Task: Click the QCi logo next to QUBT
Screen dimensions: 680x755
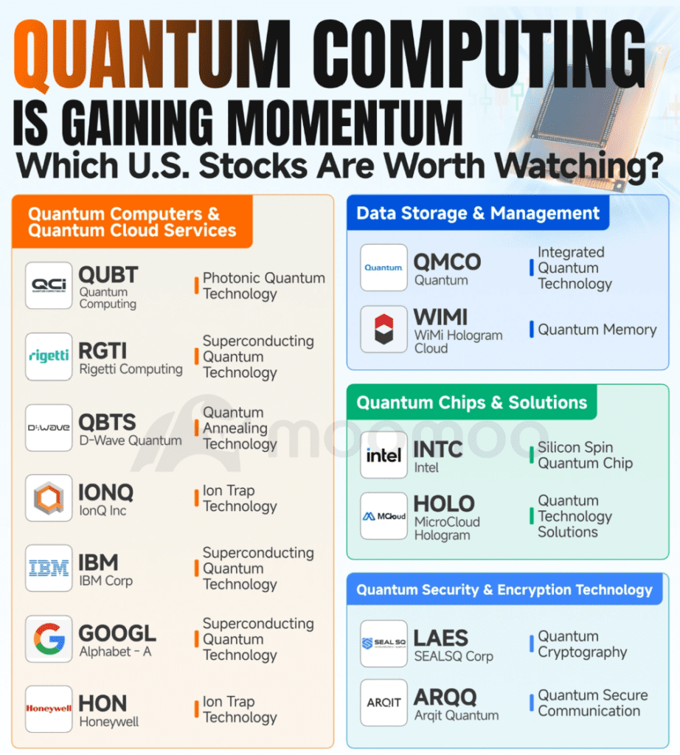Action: point(49,285)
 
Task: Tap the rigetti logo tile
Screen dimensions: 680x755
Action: point(49,356)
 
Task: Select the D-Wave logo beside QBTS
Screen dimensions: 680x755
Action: point(49,428)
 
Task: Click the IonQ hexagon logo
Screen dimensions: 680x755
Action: point(49,498)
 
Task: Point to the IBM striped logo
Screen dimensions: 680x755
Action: point(49,568)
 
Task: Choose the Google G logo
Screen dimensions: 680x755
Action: point(49,639)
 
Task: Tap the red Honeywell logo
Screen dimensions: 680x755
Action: point(49,709)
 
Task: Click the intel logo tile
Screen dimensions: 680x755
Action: point(384,455)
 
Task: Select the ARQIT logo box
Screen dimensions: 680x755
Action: point(384,703)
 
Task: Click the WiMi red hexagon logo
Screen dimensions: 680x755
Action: point(384,330)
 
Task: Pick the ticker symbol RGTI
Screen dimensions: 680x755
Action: point(103,351)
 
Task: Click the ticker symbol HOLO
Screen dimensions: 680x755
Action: point(444,504)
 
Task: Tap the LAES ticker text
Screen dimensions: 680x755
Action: point(440,639)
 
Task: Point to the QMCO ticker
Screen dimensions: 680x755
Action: point(448,262)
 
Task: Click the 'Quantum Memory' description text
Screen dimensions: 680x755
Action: point(597,330)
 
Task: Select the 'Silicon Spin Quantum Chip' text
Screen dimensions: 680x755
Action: point(585,455)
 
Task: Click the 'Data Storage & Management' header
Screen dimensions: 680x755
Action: point(478,213)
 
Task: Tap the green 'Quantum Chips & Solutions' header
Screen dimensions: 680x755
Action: point(471,402)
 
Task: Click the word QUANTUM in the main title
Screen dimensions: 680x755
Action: point(152,54)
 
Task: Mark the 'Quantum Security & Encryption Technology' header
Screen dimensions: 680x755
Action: point(504,589)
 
